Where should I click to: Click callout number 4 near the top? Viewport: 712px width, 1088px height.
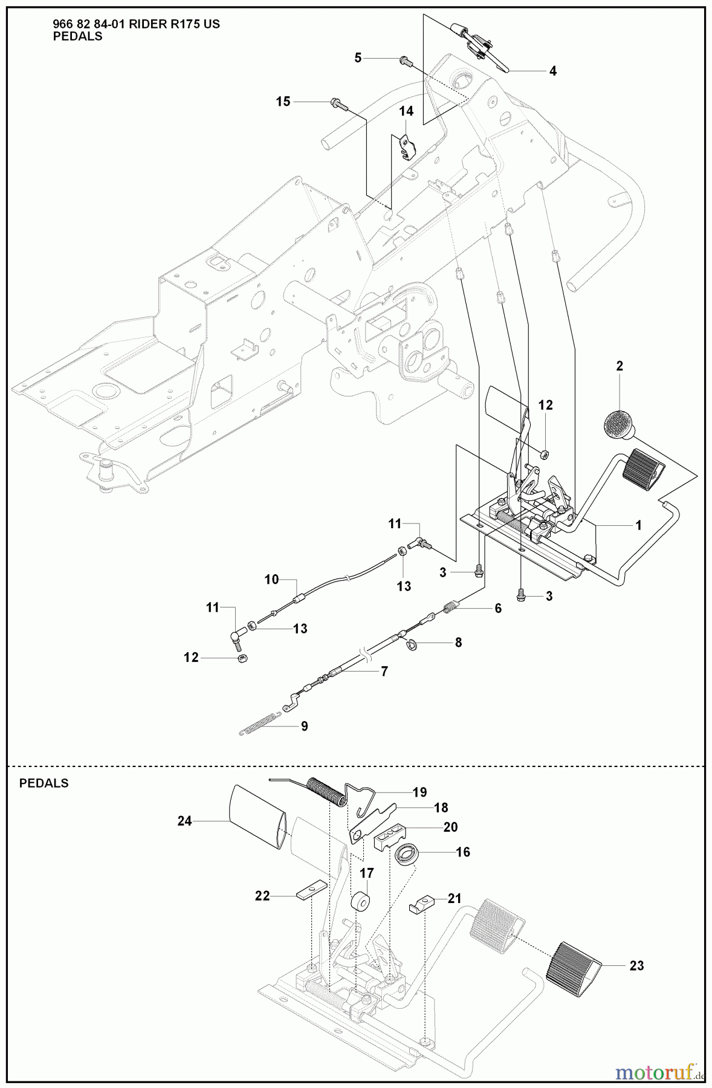(553, 71)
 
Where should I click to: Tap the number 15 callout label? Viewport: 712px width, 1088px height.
(283, 102)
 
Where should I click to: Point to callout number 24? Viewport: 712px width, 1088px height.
(185, 821)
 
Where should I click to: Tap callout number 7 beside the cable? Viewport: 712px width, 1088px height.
(384, 672)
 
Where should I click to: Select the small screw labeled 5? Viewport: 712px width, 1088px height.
(405, 60)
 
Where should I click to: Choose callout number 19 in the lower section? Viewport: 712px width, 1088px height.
(419, 792)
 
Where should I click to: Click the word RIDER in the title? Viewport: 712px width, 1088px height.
(150, 24)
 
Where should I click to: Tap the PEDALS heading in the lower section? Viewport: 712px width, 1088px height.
(44, 783)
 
